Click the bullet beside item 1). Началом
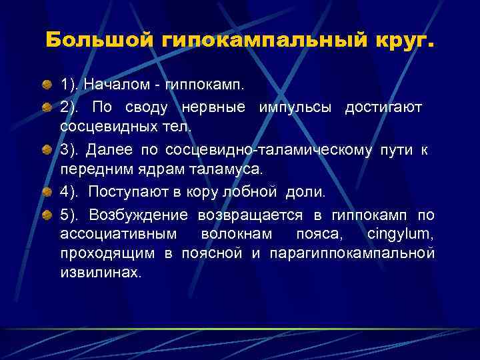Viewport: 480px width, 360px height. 48,85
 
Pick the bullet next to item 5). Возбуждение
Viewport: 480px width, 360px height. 48,215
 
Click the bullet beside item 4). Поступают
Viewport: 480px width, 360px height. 48,192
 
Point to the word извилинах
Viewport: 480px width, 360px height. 100,273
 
